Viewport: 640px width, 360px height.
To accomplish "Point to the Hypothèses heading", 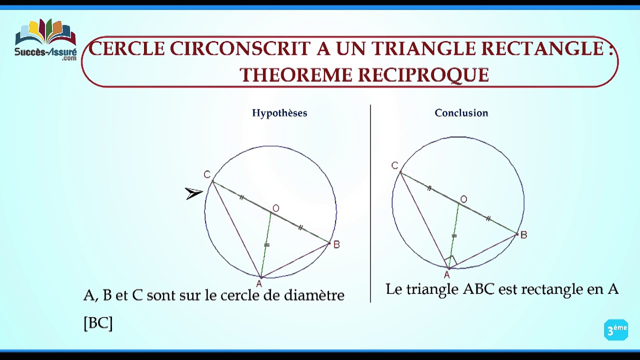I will pyautogui.click(x=279, y=113).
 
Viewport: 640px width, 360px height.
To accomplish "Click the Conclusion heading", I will pyautogui.click(x=461, y=113).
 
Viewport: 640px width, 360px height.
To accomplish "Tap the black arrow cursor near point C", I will pyautogui.click(x=193, y=193).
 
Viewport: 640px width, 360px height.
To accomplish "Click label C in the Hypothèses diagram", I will pyautogui.click(x=207, y=174).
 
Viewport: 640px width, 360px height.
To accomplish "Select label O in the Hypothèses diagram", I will pyautogui.click(x=276, y=208).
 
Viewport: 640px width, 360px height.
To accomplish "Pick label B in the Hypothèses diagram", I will pyautogui.click(x=336, y=244).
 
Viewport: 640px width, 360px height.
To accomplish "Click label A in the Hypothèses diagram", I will pyautogui.click(x=258, y=284).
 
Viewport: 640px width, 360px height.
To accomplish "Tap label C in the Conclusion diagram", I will pyautogui.click(x=395, y=165).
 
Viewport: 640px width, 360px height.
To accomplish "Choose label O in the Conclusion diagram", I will pyautogui.click(x=463, y=199).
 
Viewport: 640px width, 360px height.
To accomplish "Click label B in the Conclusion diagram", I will pyautogui.click(x=523, y=235).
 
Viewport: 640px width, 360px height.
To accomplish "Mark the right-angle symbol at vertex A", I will pyautogui.click(x=450, y=260).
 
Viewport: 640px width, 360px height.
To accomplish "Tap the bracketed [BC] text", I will pyautogui.click(x=98, y=323).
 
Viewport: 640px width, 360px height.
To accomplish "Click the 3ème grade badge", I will pyautogui.click(x=616, y=330).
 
